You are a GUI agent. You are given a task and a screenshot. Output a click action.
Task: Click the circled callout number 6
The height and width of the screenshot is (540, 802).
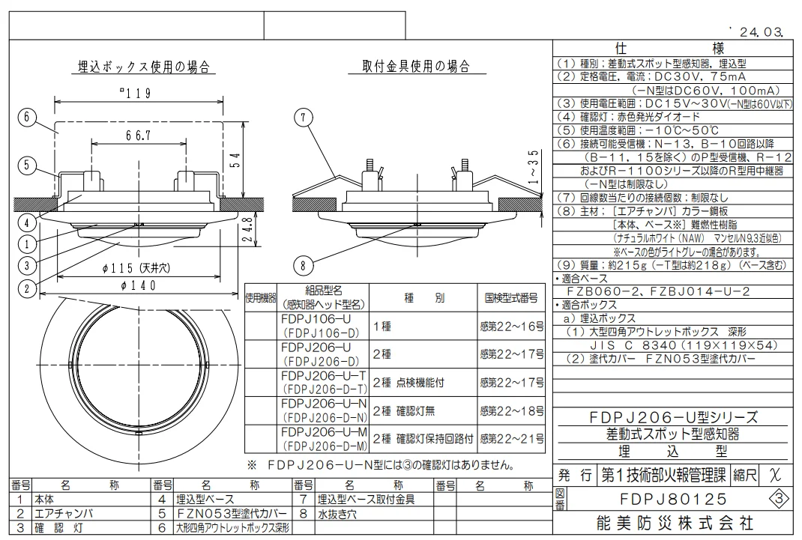(x=26, y=117)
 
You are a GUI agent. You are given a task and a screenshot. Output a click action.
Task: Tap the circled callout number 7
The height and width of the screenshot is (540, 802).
(x=302, y=117)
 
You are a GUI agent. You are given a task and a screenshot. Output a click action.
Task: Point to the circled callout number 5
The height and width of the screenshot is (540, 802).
(x=26, y=166)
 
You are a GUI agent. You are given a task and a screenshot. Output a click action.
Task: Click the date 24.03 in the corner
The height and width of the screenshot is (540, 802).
(x=759, y=32)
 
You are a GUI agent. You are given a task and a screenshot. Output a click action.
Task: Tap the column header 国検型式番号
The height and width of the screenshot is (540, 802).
(x=510, y=298)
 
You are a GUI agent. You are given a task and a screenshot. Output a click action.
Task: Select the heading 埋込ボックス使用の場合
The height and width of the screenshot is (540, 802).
(x=143, y=67)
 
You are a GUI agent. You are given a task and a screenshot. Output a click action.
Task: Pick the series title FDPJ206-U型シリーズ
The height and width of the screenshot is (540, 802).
(x=673, y=418)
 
